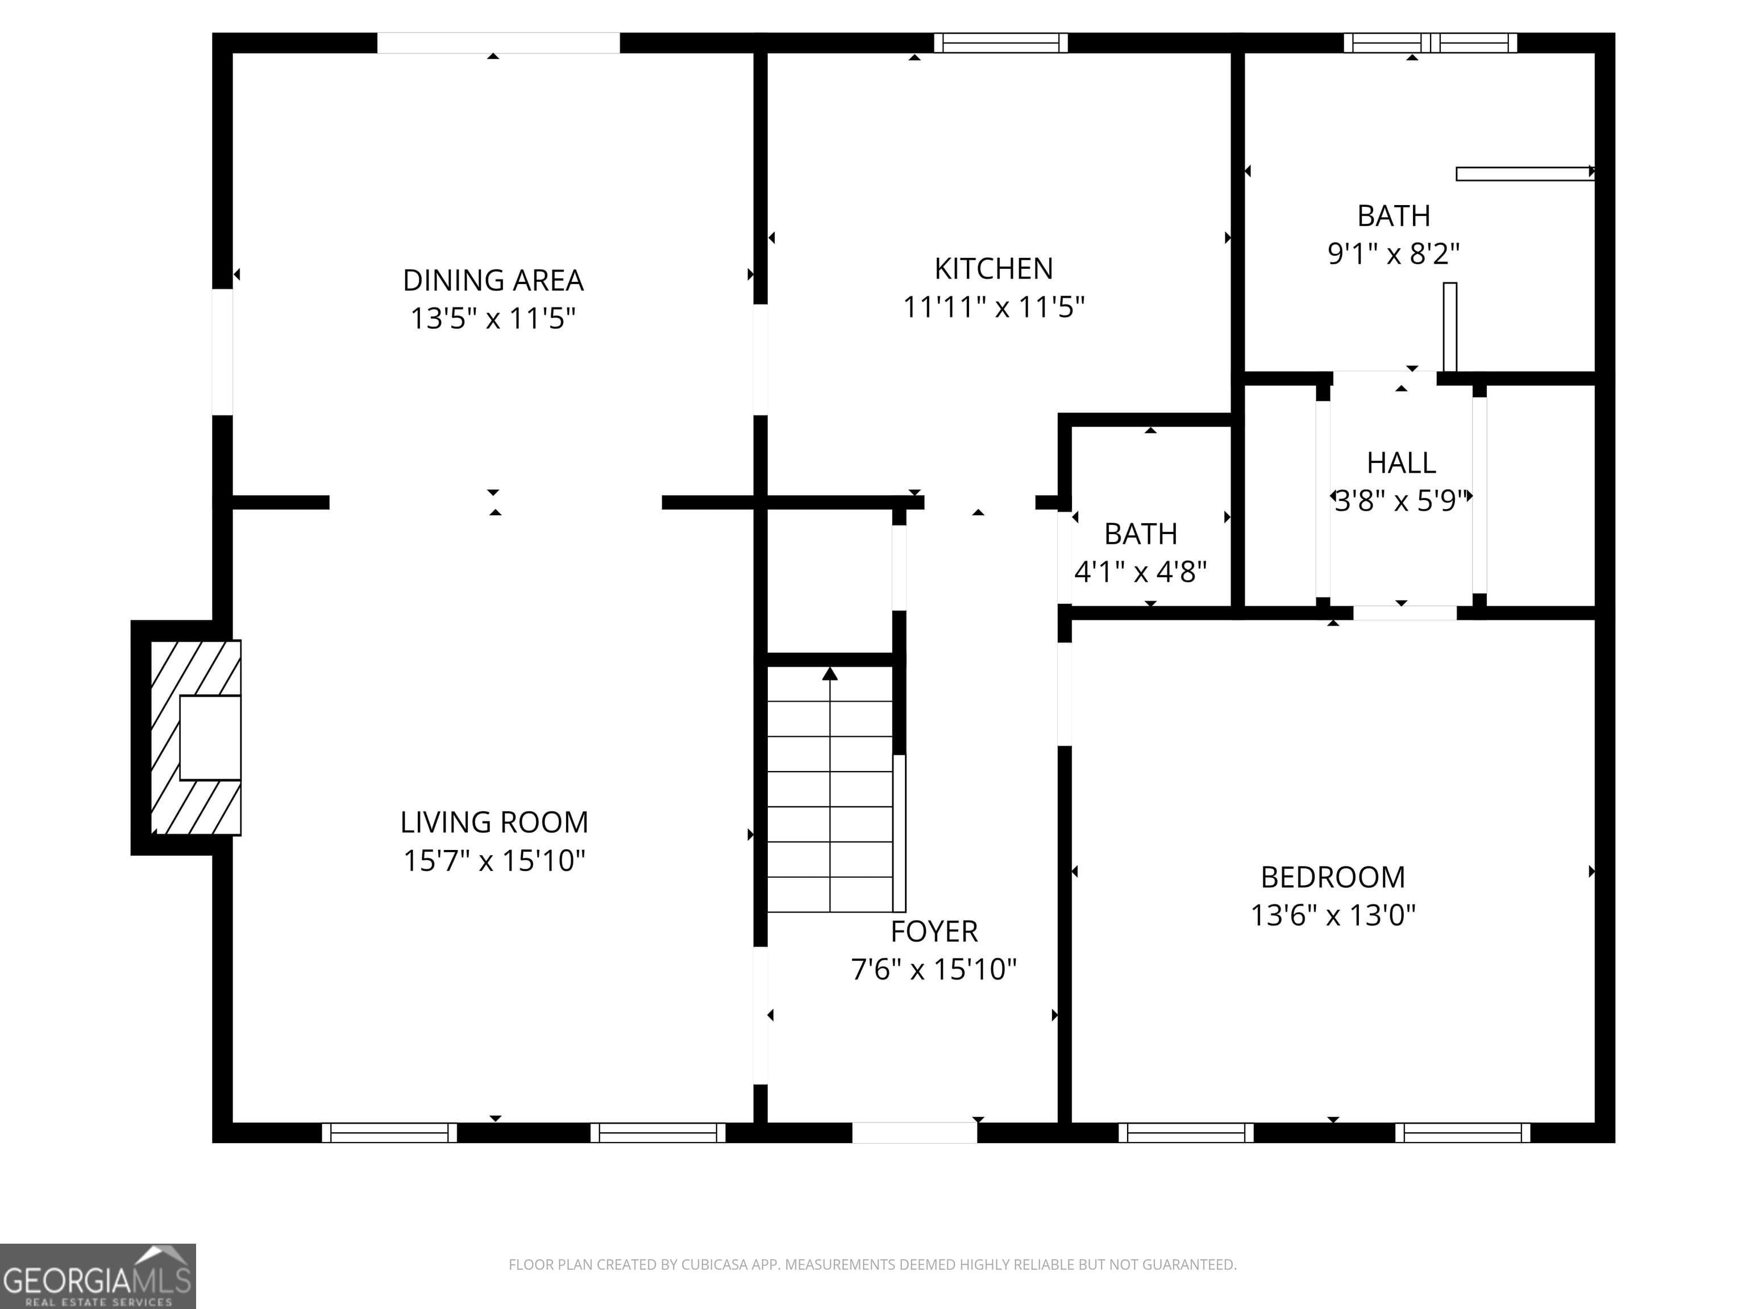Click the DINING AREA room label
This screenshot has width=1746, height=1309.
[x=493, y=280]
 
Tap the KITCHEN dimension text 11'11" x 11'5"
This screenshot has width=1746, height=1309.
[x=993, y=307]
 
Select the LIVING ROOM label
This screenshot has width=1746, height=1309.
[x=494, y=822]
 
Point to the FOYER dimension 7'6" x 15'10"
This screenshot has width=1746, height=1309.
[x=933, y=969]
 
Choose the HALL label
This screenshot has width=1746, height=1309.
[x=1401, y=462]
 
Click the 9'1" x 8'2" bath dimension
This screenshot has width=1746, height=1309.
[x=1393, y=253]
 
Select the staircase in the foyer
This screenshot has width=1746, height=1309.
[x=830, y=789]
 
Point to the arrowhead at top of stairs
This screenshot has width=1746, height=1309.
[x=830, y=673]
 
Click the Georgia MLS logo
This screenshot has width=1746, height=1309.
[x=97, y=1276]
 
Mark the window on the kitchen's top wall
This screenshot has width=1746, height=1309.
[x=1000, y=43]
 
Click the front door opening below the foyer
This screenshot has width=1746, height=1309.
[x=914, y=1132]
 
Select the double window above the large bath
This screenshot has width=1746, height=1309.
[x=1429, y=43]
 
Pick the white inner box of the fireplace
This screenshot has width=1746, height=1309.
[x=210, y=738]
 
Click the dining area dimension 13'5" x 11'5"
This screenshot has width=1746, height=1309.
[x=493, y=319]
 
